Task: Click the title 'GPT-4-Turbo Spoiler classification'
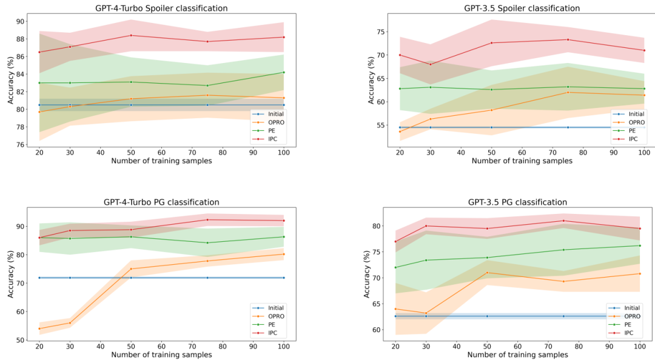[161, 8]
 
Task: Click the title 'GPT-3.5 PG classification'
[517, 202]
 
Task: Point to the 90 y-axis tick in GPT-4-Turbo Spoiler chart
[19, 21]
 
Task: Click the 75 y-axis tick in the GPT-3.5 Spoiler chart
[380, 32]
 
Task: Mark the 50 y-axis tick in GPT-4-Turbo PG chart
[19, 341]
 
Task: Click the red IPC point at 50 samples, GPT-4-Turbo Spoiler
[131, 36]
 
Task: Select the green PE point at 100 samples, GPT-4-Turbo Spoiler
[284, 72]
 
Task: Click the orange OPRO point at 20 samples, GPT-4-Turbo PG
[39, 328]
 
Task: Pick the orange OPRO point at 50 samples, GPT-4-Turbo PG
[131, 269]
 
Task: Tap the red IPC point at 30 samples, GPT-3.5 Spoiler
[430, 64]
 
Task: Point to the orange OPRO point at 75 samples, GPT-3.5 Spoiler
[568, 92]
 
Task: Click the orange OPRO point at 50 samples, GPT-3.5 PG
[487, 273]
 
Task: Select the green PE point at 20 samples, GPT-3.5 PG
[395, 267]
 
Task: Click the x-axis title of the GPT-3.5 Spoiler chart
[522, 161]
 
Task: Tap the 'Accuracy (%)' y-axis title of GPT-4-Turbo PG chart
[11, 274]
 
